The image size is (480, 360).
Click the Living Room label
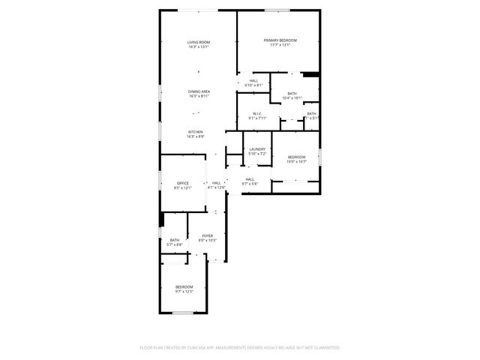[x=199, y=41]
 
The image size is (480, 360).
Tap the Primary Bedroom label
[x=280, y=40]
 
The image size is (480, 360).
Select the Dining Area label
[x=199, y=91]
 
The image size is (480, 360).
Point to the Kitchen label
[x=195, y=132]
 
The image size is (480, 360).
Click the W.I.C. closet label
[x=256, y=114]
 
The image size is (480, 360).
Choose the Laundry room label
[x=257, y=150]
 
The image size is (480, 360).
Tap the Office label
[x=183, y=184]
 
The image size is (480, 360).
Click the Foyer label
[x=207, y=236]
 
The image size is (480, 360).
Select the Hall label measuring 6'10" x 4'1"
[x=253, y=81]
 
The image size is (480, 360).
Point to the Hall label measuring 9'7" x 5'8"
[x=249, y=179]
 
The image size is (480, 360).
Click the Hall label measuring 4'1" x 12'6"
[x=217, y=184]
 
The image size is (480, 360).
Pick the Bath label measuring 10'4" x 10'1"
[x=292, y=94]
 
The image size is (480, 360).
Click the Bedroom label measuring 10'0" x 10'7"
[x=297, y=157]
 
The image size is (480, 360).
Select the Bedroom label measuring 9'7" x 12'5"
[x=184, y=287]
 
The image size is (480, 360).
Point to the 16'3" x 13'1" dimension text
[x=199, y=46]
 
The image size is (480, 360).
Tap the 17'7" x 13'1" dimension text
[x=280, y=45]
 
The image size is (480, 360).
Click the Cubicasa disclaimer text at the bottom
[x=240, y=348]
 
